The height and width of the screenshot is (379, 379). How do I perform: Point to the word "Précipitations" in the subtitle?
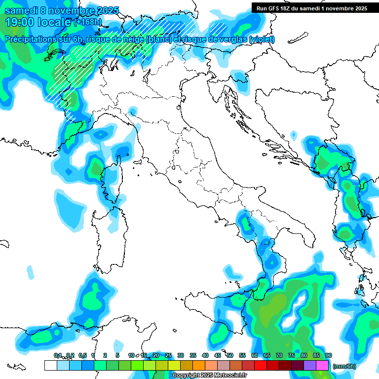pos(31,39)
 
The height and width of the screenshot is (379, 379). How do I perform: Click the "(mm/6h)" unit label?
pos(344,366)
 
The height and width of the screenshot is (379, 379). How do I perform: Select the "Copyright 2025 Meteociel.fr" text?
pos(209,376)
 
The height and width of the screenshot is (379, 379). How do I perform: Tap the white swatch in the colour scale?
pos(50,366)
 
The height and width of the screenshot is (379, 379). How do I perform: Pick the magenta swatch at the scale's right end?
pos(322,366)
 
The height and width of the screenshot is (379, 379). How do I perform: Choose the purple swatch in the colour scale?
pos(310,366)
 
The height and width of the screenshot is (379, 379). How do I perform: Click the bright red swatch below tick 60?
pos(261,366)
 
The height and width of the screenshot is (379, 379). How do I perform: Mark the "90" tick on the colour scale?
pos(329,355)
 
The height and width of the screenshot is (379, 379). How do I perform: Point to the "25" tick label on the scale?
pos(168,355)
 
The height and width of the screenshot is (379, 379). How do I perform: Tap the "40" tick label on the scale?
pos(205,355)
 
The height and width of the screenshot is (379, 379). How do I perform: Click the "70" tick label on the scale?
pos(279,355)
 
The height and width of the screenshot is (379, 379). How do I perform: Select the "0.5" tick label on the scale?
pos(82,355)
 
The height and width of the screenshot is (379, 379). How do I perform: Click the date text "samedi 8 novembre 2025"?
pos(61,10)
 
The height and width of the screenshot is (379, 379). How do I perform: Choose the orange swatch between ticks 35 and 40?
pos(199,366)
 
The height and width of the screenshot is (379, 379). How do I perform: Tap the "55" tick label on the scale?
pos(242,355)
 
